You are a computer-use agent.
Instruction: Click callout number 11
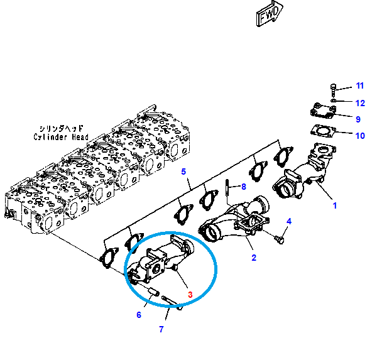click(359, 85)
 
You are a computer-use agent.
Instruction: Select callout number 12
click(359, 102)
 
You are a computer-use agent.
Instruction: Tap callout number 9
click(358, 119)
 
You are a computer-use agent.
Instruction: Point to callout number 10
click(359, 135)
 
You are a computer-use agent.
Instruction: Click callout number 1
click(335, 205)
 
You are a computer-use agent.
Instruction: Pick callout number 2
click(254, 258)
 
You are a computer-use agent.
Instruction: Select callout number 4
click(290, 221)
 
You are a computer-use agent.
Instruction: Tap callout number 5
click(184, 171)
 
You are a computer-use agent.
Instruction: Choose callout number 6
click(139, 314)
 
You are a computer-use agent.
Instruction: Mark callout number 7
click(161, 329)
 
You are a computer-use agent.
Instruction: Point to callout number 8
click(244, 187)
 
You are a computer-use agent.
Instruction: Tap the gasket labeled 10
click(323, 131)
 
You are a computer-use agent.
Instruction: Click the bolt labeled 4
click(279, 238)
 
